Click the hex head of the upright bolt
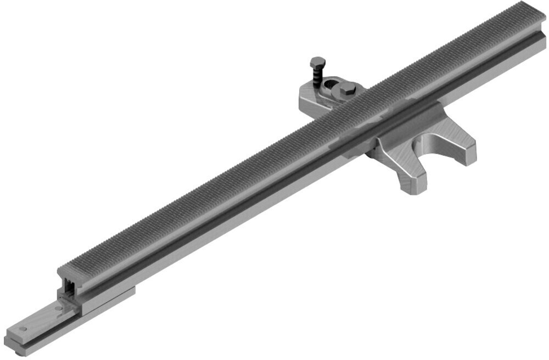click(x=317, y=62)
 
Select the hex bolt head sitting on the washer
click(x=346, y=90)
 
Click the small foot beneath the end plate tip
click(x=19, y=351)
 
